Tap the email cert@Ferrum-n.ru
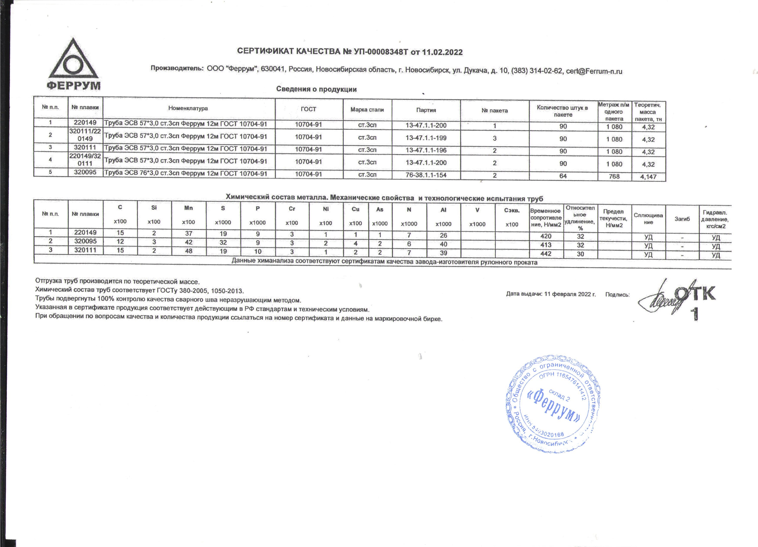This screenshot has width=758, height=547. pyautogui.click(x=594, y=71)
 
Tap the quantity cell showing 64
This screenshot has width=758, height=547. pyautogui.click(x=563, y=176)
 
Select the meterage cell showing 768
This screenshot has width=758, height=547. pyautogui.click(x=614, y=176)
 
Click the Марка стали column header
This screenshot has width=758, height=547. pyautogui.click(x=367, y=110)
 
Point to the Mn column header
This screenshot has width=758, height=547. pyautogui.click(x=188, y=208)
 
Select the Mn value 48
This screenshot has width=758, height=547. pyautogui.click(x=188, y=251)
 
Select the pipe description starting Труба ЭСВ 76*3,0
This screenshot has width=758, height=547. pyautogui.click(x=186, y=174)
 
